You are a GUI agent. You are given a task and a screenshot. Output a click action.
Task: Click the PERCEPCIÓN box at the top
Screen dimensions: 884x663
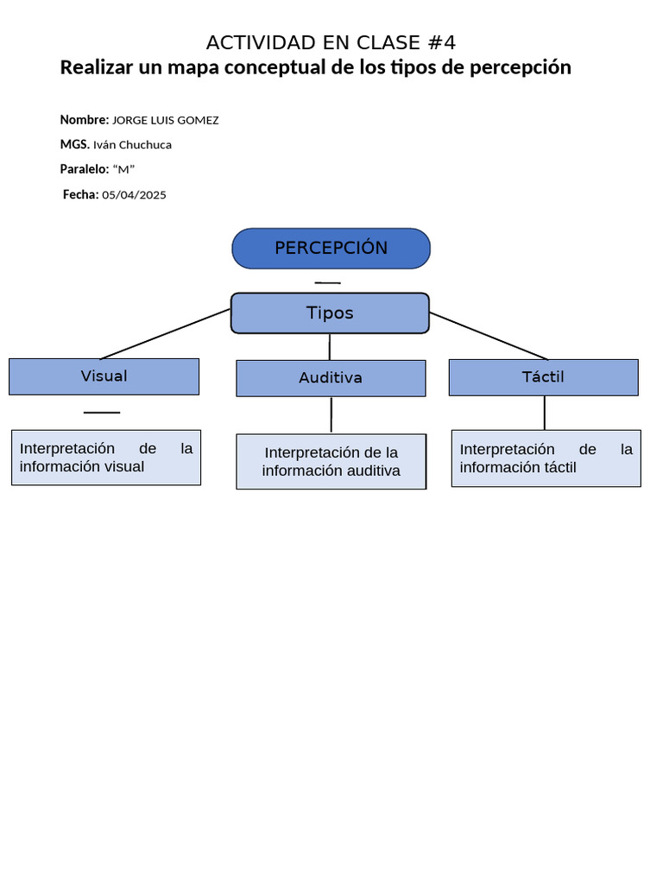331,249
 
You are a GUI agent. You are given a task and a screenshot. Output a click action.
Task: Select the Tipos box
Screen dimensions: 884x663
330,313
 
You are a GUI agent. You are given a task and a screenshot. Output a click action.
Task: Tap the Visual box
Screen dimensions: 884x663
104,376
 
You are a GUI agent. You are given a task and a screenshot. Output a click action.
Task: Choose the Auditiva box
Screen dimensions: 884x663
331,378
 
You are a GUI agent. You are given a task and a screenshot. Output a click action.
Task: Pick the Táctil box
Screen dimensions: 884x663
543,377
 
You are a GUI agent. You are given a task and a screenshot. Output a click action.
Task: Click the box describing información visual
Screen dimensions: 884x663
106,458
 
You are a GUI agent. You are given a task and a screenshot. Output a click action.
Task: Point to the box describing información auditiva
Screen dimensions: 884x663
331,462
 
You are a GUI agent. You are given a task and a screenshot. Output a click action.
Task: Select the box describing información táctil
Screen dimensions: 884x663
546,458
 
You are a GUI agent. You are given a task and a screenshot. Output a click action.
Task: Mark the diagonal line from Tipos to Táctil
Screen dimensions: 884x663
489,336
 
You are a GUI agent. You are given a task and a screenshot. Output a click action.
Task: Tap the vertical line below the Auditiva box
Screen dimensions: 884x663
331,415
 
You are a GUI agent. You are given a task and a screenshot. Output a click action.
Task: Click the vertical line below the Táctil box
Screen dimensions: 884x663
544,413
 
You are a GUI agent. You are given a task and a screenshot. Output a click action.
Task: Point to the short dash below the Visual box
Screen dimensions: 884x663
102,413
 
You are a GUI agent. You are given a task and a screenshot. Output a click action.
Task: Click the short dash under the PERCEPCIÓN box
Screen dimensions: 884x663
327,282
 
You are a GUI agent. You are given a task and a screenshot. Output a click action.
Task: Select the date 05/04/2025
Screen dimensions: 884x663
134,195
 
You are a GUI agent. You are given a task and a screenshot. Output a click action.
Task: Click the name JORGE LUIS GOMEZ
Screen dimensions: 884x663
166,120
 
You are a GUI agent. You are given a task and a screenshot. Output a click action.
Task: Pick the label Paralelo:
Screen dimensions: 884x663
85,169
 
